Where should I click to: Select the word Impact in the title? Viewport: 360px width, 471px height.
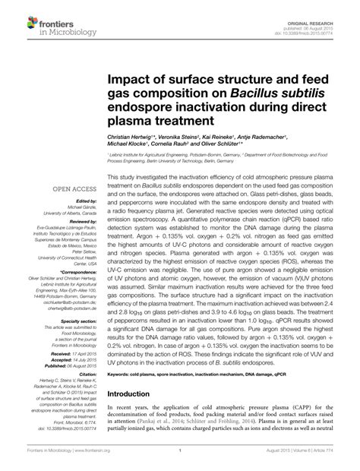coord(131,78)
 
